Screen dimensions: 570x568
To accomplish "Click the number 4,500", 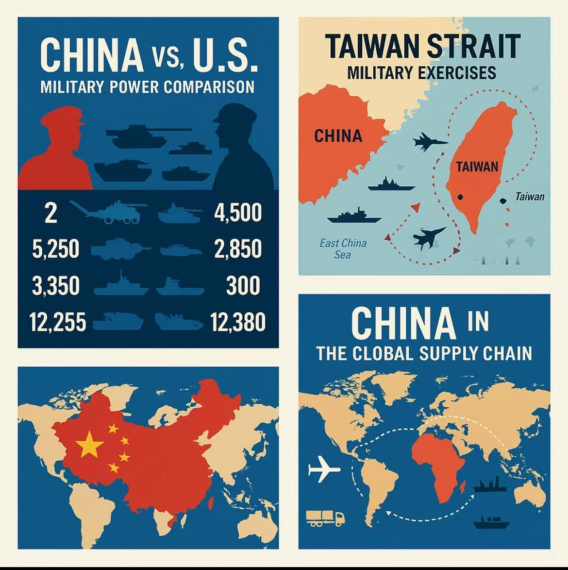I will click(238, 213).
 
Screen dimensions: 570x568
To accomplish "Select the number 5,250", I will click(55, 249).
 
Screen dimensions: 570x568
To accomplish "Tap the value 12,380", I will click(238, 322).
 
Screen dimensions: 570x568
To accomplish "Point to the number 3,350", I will click(55, 285).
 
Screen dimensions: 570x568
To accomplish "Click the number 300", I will click(243, 285).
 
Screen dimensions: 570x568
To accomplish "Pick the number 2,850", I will click(238, 249).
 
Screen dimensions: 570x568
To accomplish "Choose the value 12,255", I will click(57, 322).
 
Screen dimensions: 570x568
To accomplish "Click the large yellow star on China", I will click(90, 444).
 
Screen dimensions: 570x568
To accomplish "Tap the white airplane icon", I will click(324, 470).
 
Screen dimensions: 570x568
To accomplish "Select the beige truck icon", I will click(325, 518).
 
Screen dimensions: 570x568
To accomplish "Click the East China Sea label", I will click(343, 248).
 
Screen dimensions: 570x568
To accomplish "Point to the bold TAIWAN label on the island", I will click(477, 167).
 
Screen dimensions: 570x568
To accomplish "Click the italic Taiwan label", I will click(530, 197).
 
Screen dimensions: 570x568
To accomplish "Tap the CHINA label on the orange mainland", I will click(338, 136).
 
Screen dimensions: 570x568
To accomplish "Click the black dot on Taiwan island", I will click(460, 197).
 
